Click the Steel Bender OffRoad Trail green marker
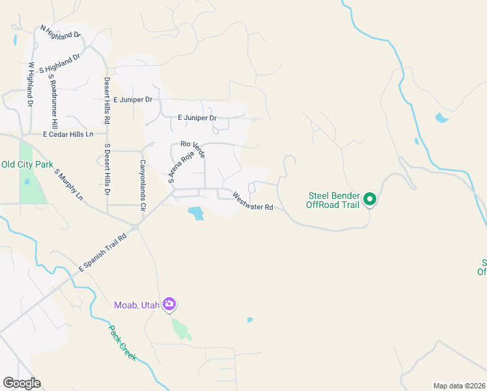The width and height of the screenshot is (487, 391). (370, 199)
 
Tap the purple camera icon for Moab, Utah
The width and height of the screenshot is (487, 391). (169, 304)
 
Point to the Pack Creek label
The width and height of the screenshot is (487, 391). (122, 343)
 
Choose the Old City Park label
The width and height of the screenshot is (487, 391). (27, 165)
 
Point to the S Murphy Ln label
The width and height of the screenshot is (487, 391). (69, 184)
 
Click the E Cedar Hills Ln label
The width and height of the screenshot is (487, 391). (68, 134)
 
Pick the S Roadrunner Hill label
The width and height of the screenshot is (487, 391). (53, 101)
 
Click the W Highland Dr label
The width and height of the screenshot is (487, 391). (30, 84)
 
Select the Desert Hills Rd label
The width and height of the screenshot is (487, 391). (107, 101)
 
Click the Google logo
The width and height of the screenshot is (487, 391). (21, 383)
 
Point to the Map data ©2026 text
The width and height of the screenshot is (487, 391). (459, 386)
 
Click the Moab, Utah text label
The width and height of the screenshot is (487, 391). (137, 304)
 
